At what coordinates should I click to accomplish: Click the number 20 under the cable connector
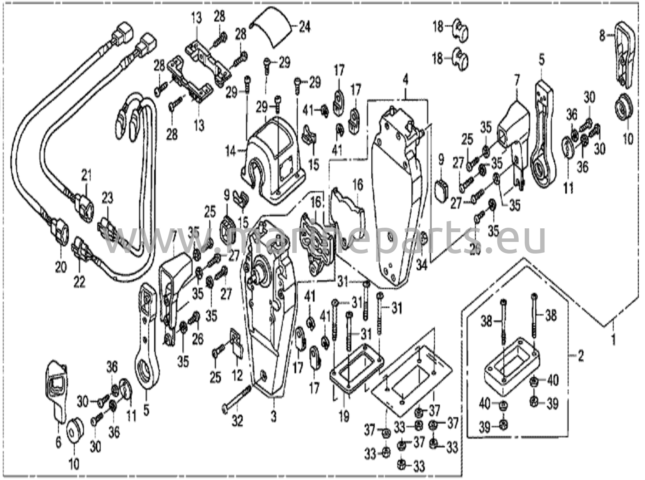[61, 268]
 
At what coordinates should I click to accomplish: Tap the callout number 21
[86, 175]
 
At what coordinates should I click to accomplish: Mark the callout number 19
[344, 417]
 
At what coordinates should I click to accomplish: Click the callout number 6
[59, 443]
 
